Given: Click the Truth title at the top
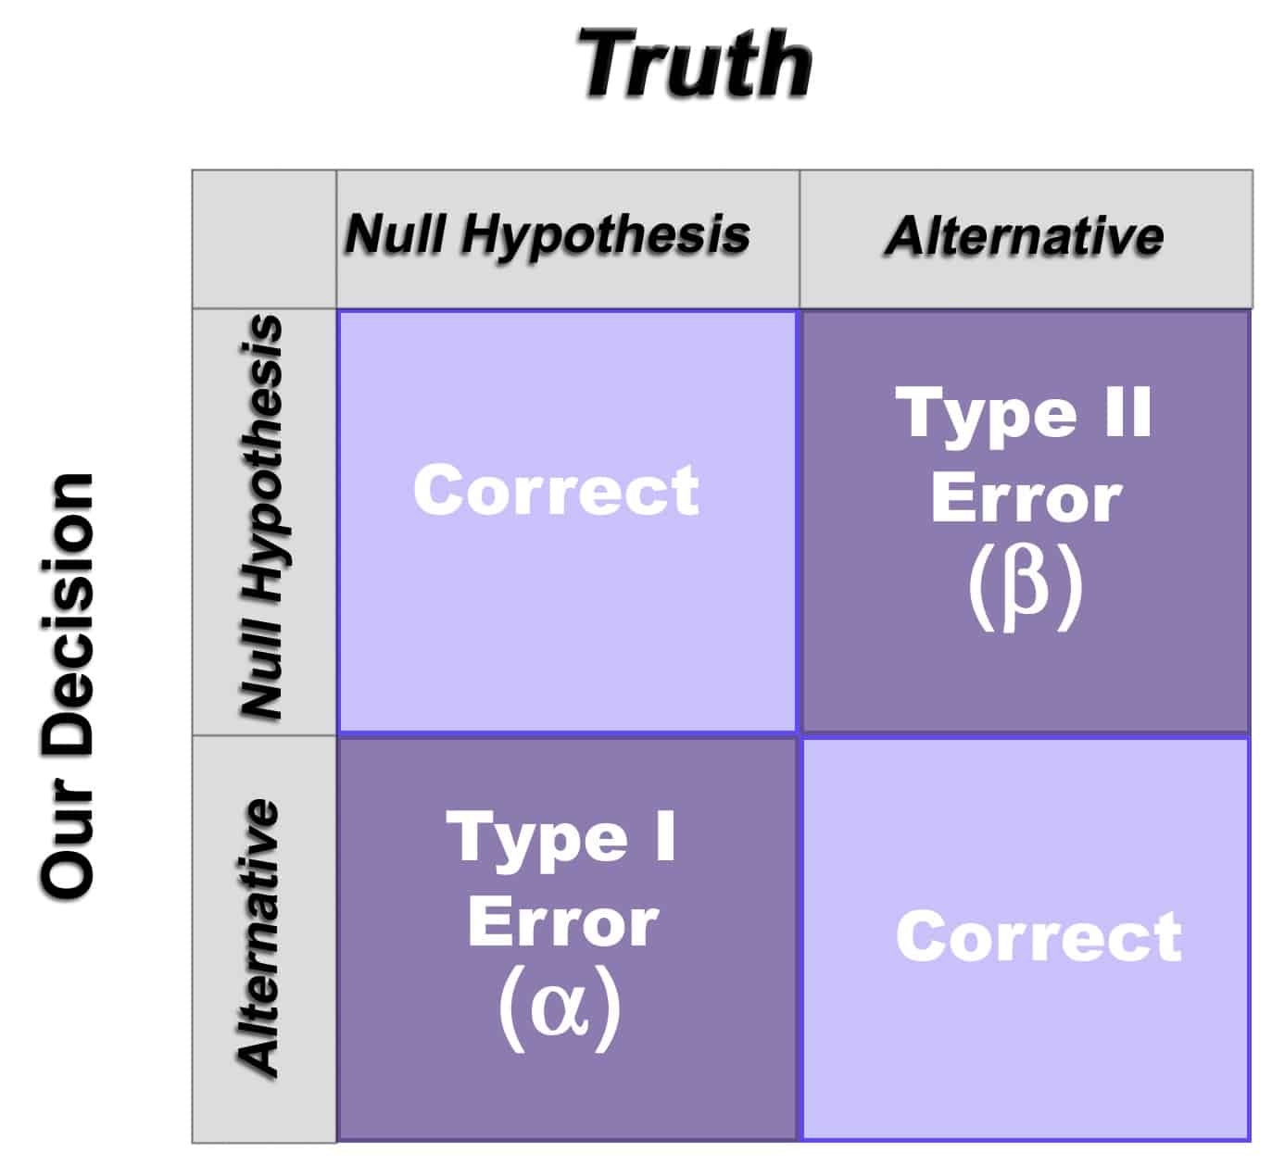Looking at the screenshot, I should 695,63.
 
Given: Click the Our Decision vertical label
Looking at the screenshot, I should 68,685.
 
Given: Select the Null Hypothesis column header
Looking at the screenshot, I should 548,234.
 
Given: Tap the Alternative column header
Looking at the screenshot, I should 1025,235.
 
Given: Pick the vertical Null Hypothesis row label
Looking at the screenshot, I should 260,517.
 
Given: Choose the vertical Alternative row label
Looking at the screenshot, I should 258,936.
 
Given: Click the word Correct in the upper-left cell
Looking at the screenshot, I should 556,490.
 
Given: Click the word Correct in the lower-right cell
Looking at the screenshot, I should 1039,936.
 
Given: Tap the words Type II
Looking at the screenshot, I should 1025,413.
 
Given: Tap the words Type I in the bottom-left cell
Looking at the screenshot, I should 561,838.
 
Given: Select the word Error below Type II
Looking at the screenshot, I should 1026,499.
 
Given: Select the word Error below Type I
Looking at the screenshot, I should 562,923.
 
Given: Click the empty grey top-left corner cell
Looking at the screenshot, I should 264,239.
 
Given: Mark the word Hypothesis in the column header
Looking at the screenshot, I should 606,234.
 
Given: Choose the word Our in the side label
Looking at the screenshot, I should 68,853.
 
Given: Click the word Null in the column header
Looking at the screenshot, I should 398,234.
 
